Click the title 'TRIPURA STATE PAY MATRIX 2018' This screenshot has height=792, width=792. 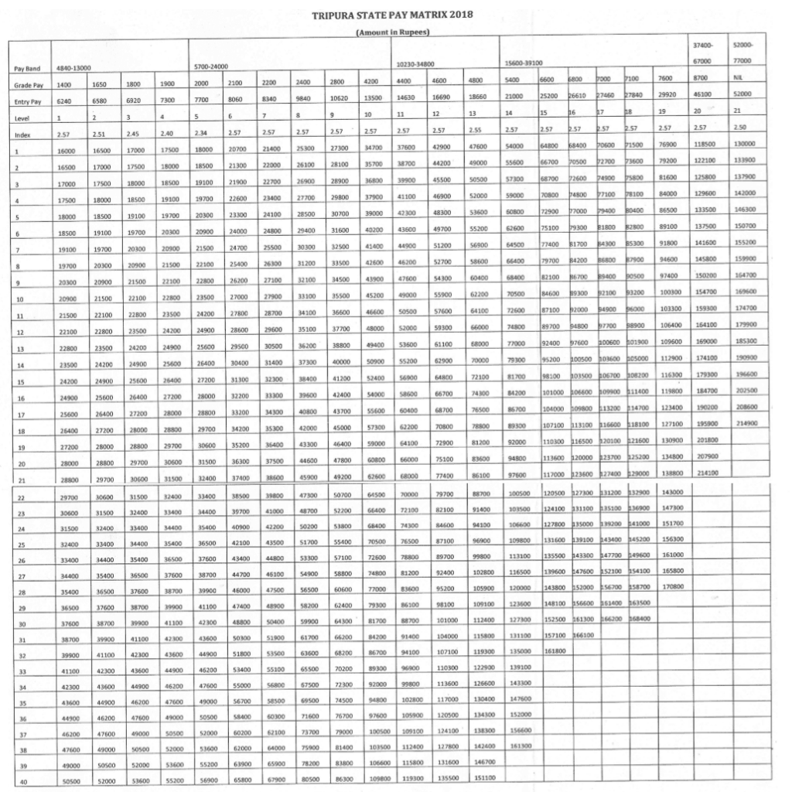click(x=391, y=15)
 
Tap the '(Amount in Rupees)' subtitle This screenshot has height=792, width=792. click(x=391, y=32)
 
